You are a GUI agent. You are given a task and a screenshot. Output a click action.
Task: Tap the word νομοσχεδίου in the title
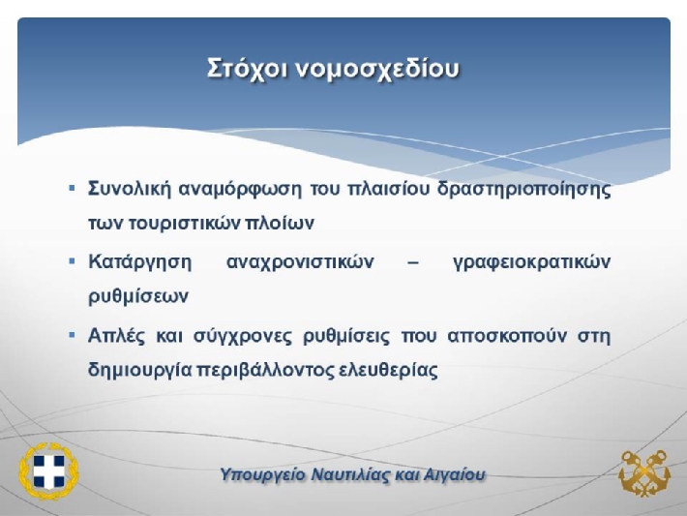point(377,70)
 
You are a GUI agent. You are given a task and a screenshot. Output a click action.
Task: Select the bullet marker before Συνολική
point(73,189)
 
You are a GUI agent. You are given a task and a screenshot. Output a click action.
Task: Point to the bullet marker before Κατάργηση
point(73,261)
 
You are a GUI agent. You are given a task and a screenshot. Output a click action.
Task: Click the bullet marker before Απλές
point(73,335)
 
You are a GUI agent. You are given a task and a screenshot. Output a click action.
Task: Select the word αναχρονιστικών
point(301,262)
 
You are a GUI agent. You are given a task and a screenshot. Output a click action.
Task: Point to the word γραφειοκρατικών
point(531,263)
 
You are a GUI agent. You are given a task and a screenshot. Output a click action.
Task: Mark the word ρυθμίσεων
point(138,296)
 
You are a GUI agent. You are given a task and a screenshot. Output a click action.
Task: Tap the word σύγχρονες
point(243,337)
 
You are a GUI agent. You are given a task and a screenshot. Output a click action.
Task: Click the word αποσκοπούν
point(507,337)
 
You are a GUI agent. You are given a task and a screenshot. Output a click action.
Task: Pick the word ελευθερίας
point(389,370)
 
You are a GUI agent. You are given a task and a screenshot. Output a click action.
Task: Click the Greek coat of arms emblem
point(48,470)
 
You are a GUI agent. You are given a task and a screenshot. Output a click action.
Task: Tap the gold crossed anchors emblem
point(644,473)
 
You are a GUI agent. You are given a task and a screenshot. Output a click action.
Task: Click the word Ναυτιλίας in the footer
point(350,474)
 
